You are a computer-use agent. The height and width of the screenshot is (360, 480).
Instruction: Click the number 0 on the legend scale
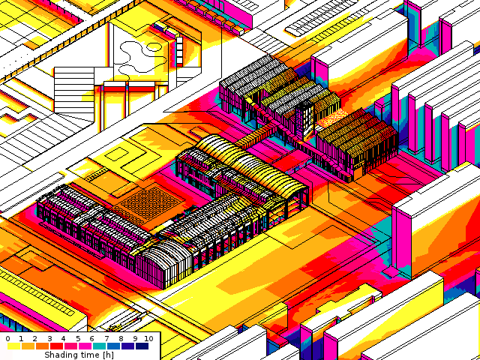[7, 338]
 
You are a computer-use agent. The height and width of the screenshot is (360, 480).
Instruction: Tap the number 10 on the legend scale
[148, 338]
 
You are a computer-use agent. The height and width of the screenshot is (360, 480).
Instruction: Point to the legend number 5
[78, 338]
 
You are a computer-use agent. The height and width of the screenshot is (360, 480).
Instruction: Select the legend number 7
[106, 338]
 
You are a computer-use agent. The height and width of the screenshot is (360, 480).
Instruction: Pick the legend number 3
[49, 338]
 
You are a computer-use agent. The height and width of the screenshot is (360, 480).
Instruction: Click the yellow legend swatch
[14, 346]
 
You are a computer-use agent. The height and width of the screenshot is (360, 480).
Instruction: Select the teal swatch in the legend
[99, 346]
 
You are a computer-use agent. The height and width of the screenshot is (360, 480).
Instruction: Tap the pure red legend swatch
[56, 346]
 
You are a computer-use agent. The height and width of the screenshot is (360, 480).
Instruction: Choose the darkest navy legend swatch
[142, 346]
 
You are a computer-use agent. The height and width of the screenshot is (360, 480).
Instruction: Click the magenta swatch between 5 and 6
[85, 346]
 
